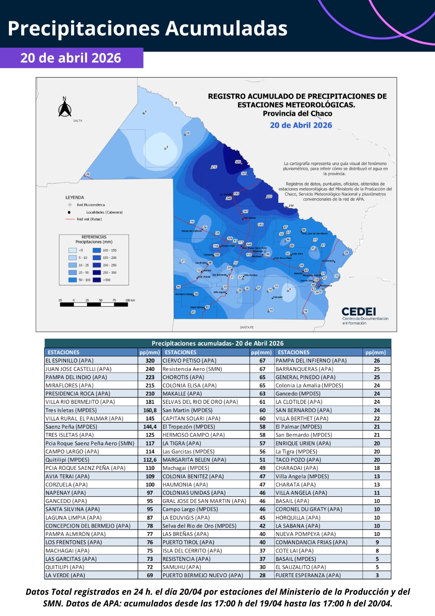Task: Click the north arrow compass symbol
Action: (65, 107)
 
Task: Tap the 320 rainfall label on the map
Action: (238, 162)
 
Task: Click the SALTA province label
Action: (78, 121)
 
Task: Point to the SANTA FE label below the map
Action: (247, 327)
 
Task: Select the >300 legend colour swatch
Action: (97, 280)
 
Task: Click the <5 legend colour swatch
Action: (72, 250)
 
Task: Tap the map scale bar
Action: (93, 304)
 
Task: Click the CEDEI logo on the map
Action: (359, 311)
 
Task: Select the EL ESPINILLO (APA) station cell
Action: (70, 361)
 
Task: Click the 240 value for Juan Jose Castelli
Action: (150, 369)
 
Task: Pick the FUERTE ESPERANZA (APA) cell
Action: (308, 575)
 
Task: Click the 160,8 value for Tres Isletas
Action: (150, 410)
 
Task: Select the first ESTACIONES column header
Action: (63, 352)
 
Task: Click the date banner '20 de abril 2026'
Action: (71, 58)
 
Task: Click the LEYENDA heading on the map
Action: (75, 198)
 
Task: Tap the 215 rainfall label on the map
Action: (214, 167)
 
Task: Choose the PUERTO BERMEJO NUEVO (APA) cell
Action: (203, 575)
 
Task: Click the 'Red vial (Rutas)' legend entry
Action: (89, 219)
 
